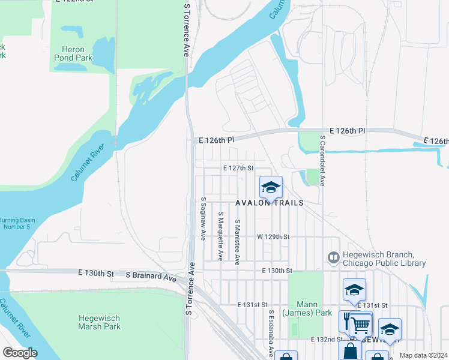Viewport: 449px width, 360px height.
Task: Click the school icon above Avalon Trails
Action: pyautogui.click(x=271, y=188)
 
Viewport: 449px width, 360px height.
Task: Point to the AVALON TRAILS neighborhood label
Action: pyautogui.click(x=270, y=203)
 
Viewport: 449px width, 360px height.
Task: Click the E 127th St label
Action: pyautogui.click(x=238, y=169)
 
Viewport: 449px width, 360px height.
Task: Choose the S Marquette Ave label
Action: pyautogui.click(x=221, y=235)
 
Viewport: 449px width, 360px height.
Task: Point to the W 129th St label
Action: pyautogui.click(x=273, y=237)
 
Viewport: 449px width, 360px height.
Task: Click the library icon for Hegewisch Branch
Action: pyautogui.click(x=333, y=257)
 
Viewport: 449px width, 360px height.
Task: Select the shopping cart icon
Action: pyautogui.click(x=360, y=325)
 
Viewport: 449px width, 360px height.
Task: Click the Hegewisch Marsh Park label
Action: pyautogui.click(x=100, y=322)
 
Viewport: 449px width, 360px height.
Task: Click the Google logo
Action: pyautogui.click(x=20, y=353)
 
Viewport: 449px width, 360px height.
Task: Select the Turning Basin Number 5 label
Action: pyautogui.click(x=17, y=224)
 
